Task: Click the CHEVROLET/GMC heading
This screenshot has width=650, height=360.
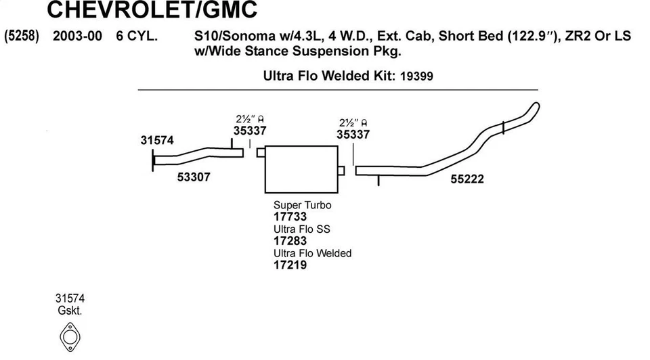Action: (152, 11)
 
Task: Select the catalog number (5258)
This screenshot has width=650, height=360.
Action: (22, 37)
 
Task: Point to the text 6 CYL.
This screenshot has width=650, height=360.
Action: (137, 37)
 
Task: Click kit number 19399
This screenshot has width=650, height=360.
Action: (416, 76)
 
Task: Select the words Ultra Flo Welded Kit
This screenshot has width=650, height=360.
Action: (328, 76)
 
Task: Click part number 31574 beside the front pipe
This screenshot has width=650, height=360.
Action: (157, 141)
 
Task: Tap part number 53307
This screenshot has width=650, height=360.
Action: (194, 177)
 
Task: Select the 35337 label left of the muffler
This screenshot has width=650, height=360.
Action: (250, 131)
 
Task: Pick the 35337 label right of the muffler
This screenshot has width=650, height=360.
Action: (353, 135)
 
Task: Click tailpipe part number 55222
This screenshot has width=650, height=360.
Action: (467, 179)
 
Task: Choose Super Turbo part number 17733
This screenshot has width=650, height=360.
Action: (290, 217)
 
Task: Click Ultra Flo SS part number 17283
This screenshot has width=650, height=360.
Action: (290, 241)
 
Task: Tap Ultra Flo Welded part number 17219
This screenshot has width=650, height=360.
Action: (290, 265)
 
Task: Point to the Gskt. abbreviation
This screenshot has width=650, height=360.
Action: (70, 311)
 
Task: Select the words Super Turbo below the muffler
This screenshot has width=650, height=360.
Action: (302, 205)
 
